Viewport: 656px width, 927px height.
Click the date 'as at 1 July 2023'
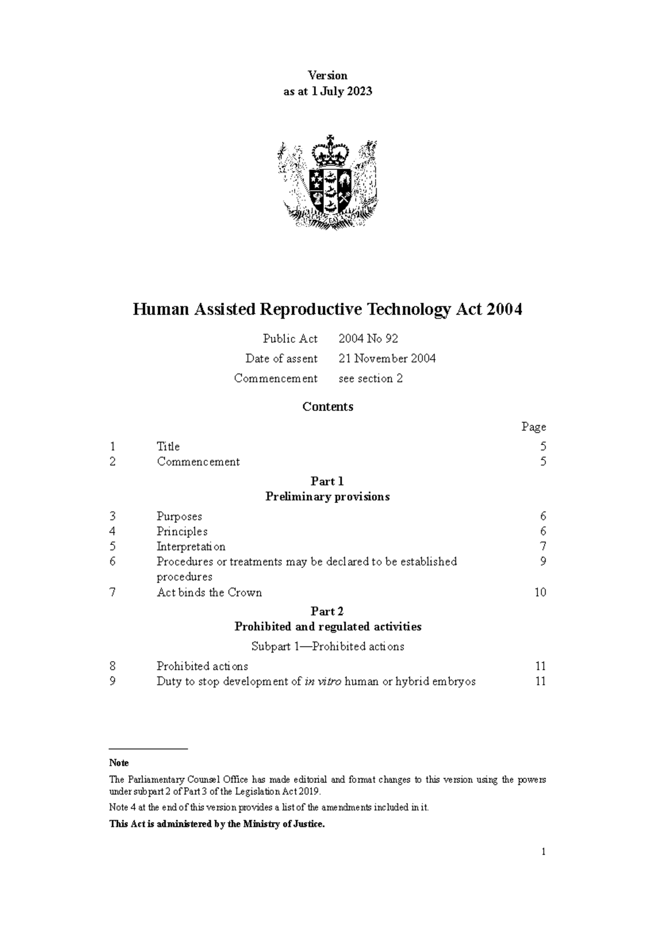(327, 92)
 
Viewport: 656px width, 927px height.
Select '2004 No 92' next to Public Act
(368, 339)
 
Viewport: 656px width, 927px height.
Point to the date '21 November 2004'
(386, 359)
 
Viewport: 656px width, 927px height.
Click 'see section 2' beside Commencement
(370, 378)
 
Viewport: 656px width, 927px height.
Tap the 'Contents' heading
(327, 407)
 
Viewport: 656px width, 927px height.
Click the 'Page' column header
(533, 427)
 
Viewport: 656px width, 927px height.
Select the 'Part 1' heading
(327, 481)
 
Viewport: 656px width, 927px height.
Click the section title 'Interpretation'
(191, 547)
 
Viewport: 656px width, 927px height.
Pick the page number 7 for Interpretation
(542, 547)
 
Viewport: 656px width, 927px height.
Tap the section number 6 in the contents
(113, 561)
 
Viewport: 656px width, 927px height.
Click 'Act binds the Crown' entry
(209, 592)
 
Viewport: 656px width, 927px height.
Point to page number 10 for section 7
(540, 592)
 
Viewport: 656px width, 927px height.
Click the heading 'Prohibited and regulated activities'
(327, 626)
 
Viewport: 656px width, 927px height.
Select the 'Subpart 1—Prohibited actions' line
(327, 647)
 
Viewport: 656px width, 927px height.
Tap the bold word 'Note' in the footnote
(119, 763)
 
